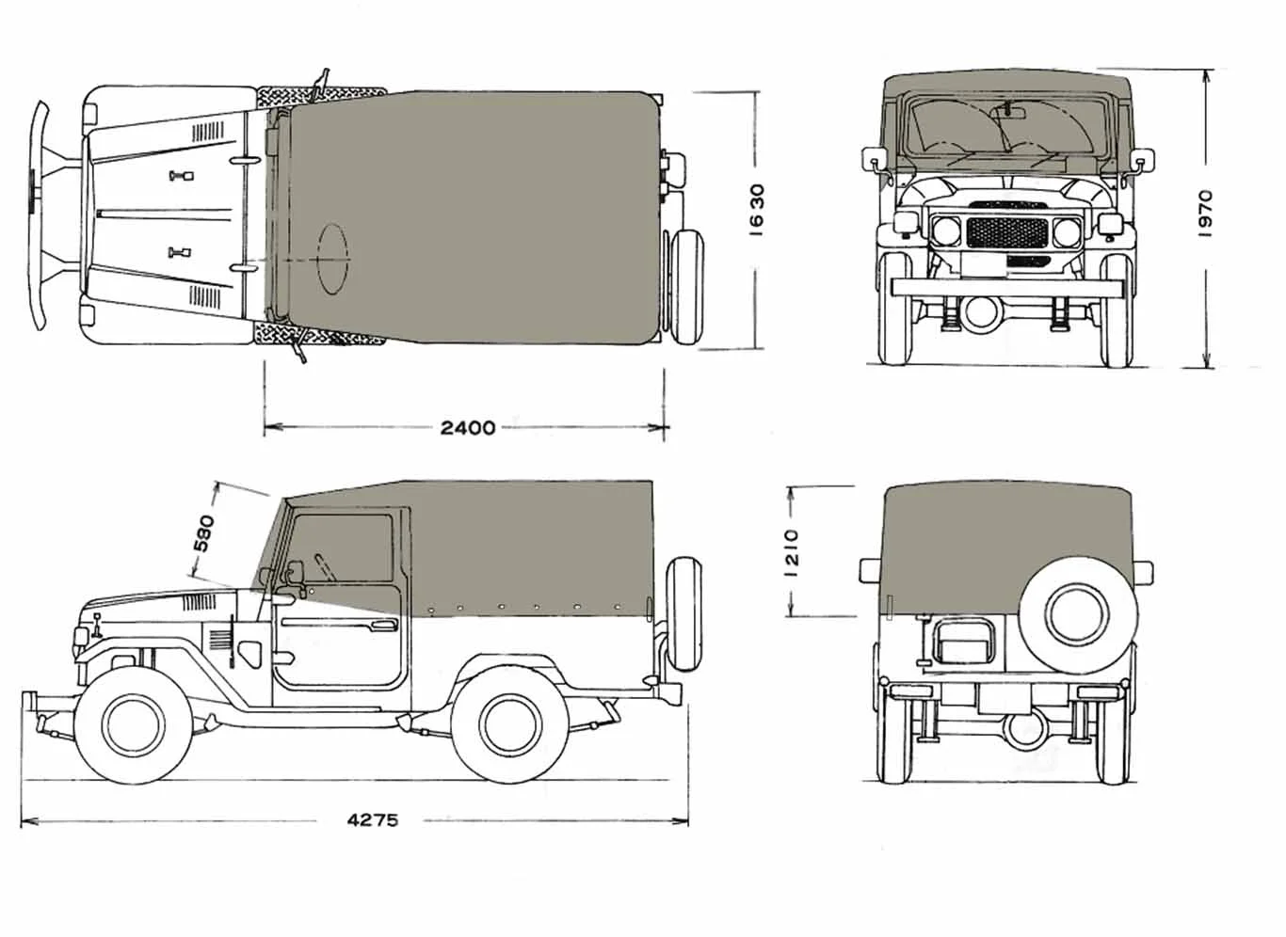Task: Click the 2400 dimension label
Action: (467, 427)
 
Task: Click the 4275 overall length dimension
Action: (372, 820)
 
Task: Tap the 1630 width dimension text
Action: (757, 210)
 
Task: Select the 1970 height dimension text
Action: (1206, 214)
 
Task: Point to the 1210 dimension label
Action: (793, 552)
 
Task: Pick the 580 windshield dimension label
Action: (203, 533)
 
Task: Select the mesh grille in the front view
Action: (1007, 232)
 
